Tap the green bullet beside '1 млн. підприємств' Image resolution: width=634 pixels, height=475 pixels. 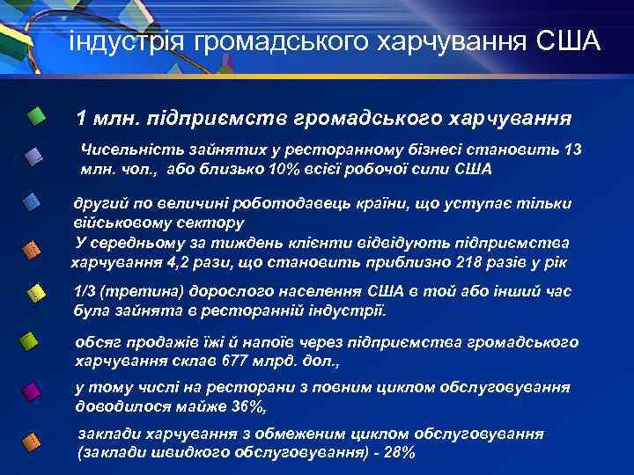point(36,115)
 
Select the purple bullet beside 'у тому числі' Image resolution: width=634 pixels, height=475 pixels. point(32,391)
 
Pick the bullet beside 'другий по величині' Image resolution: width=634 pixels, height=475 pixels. point(32,202)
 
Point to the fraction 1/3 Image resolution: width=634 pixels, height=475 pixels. point(86,293)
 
